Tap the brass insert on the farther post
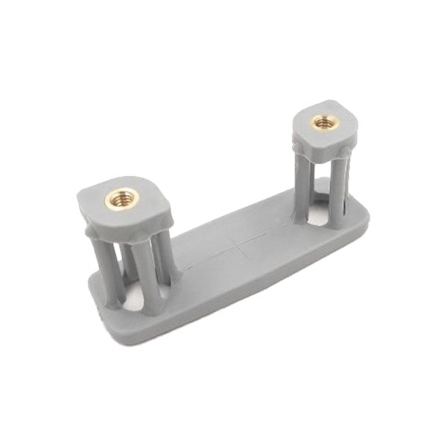pyautogui.click(x=323, y=121)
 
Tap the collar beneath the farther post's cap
pyautogui.click(x=322, y=153)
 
